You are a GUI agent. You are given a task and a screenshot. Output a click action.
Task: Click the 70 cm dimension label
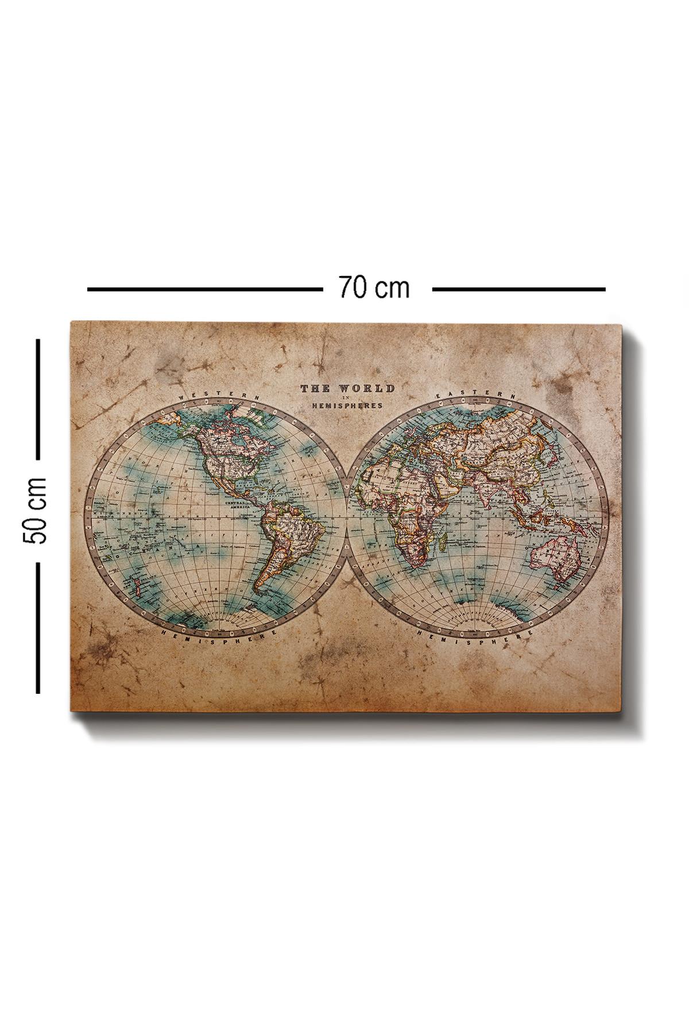(374, 288)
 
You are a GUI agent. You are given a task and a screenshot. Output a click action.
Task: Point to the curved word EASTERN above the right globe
(476, 395)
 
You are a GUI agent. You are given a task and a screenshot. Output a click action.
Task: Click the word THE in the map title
(315, 389)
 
